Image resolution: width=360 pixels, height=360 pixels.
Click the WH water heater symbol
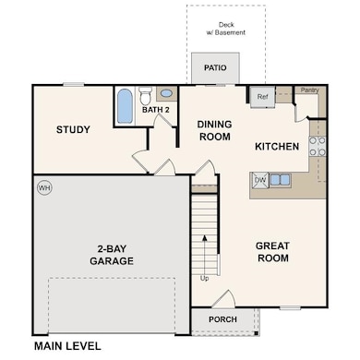44,188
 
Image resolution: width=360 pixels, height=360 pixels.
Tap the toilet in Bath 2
145,96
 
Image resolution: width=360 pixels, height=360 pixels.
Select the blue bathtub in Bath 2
125,106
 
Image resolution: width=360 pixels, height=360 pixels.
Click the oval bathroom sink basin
167,93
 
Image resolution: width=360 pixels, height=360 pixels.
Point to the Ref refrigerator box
262,97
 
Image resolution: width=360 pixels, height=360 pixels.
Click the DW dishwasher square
260,180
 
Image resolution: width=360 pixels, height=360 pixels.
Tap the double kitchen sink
280,179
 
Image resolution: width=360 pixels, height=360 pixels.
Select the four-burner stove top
318,146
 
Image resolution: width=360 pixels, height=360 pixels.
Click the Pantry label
309,90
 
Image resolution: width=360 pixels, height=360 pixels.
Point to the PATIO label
215,67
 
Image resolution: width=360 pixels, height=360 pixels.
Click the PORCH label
222,319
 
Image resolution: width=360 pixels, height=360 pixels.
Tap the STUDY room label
73,129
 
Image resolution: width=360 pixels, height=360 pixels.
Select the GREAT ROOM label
273,252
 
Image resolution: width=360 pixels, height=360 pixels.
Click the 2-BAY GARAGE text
112,255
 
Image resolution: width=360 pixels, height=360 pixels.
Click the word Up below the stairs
204,279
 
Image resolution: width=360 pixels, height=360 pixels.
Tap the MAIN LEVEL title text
67,346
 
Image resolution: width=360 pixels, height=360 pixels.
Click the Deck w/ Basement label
226,29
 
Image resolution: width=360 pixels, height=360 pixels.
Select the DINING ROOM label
215,130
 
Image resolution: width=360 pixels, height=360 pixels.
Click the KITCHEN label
277,147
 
